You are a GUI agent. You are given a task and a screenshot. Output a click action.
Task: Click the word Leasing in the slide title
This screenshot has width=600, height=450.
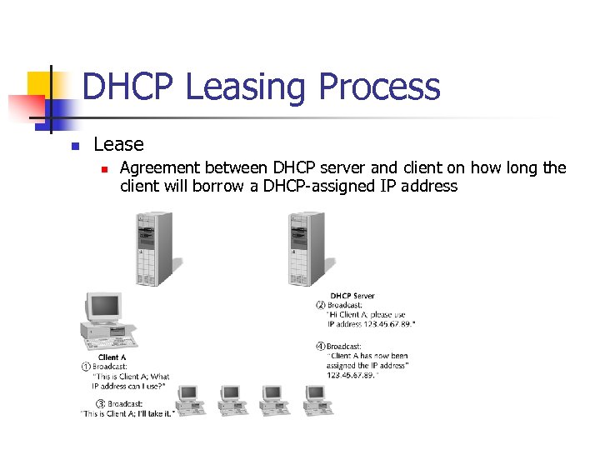pyautogui.click(x=247, y=87)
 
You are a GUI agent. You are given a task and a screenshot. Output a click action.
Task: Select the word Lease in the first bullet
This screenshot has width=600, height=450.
pyautogui.click(x=118, y=144)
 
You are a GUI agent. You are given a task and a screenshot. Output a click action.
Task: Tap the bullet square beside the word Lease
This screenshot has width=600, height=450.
pyautogui.click(x=74, y=146)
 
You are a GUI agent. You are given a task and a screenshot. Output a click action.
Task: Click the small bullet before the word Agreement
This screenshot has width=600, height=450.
pyautogui.click(x=103, y=168)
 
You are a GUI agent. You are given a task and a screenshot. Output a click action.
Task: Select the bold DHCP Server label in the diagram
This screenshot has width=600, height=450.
pyautogui.click(x=352, y=296)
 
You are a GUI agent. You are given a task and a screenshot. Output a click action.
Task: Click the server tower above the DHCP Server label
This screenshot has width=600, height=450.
pyautogui.click(x=305, y=248)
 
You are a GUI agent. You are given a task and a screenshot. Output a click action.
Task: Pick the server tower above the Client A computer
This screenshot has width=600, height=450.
pyautogui.click(x=154, y=248)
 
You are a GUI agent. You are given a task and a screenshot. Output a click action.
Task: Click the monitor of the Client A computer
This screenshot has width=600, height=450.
pyautogui.click(x=103, y=308)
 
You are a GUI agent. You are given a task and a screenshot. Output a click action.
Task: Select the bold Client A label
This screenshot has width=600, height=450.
pyautogui.click(x=112, y=357)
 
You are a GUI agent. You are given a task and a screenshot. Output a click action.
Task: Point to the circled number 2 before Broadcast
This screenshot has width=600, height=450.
pyautogui.click(x=321, y=305)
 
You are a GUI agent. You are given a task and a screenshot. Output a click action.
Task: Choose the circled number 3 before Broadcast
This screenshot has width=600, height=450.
pyautogui.click(x=101, y=403)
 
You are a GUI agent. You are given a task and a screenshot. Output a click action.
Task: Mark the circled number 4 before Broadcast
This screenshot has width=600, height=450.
pyautogui.click(x=321, y=346)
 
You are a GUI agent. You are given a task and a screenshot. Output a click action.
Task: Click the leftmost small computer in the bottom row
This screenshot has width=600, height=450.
pyautogui.click(x=190, y=399)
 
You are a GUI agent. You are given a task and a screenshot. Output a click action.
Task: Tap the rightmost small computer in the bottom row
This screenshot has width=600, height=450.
pyautogui.click(x=317, y=399)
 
